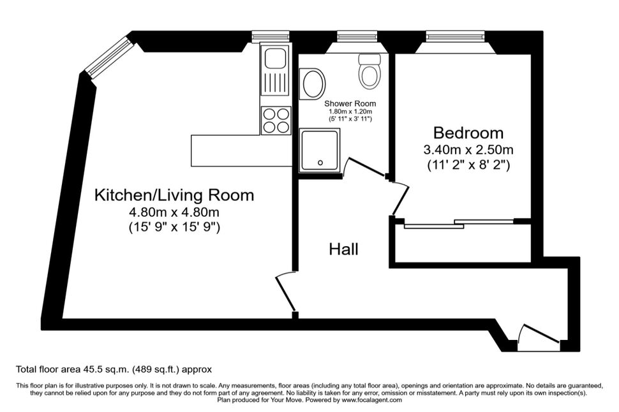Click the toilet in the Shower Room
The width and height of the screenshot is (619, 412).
[x=370, y=71]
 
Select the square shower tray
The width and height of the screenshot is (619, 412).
[x=320, y=151]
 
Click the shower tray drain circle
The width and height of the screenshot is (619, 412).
[x=320, y=163]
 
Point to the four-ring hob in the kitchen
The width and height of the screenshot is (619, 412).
[x=276, y=121]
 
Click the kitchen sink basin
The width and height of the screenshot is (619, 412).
[x=276, y=59]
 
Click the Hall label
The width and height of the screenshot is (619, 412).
[x=343, y=249]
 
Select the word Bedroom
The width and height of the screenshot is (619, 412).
[x=468, y=133]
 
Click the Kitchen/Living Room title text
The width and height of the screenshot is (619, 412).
[x=174, y=195]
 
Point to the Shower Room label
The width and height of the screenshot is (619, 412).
[x=350, y=103]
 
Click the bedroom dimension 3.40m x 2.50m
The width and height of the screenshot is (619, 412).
[x=468, y=150]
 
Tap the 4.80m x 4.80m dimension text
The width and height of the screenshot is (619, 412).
[x=174, y=212]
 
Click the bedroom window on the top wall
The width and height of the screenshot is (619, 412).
[x=455, y=37]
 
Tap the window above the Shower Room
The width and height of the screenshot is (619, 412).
[x=357, y=37]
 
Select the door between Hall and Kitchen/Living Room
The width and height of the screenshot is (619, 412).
[x=285, y=291]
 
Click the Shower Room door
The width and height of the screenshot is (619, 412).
[x=365, y=166]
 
